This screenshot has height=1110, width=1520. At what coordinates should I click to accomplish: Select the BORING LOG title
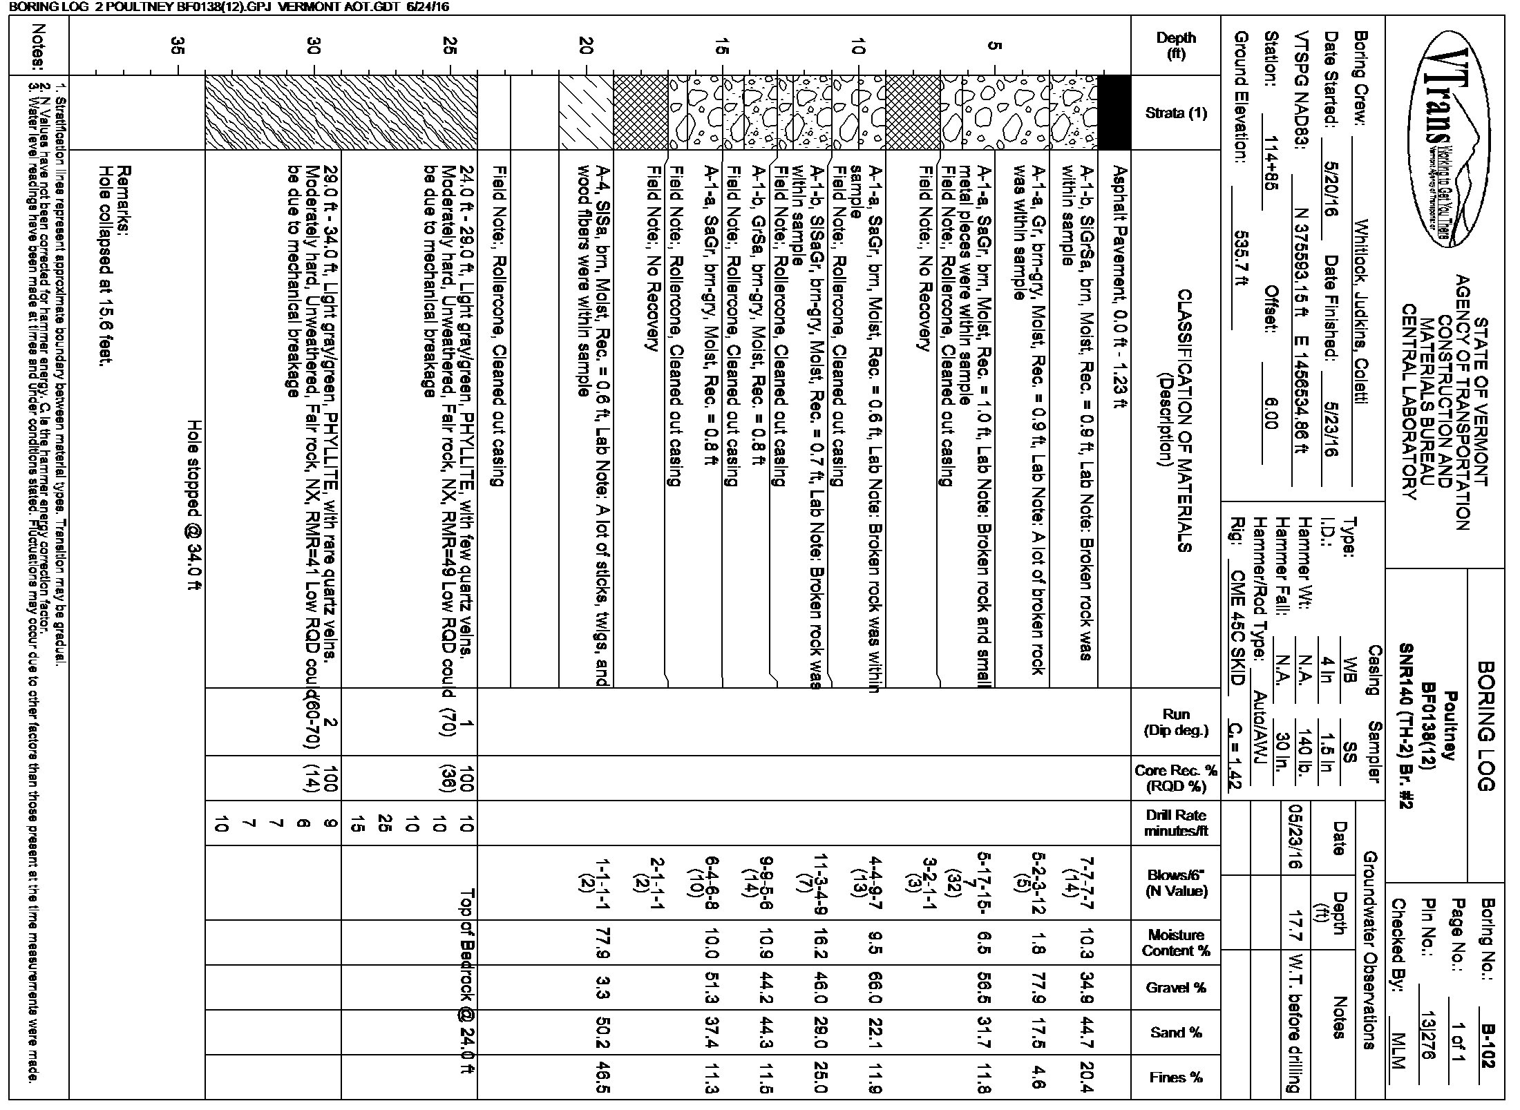click(1485, 726)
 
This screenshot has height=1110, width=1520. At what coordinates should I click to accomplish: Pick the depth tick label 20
click(587, 46)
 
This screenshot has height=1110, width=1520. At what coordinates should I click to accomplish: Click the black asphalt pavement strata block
click(1114, 113)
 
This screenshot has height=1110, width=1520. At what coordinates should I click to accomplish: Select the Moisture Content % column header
click(1177, 943)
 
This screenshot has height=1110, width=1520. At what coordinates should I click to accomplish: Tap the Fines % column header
click(1177, 1077)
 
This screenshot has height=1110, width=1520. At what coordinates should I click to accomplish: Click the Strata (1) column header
click(1177, 113)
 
